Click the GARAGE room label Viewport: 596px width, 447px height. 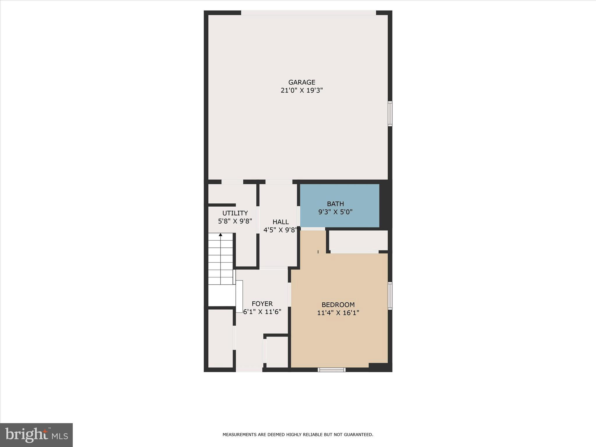(302, 82)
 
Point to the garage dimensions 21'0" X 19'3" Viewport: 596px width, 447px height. (302, 91)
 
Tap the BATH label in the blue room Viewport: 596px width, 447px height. (335, 204)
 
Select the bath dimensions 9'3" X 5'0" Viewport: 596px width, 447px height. (335, 212)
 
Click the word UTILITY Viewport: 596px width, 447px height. (235, 213)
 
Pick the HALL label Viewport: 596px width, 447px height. (281, 222)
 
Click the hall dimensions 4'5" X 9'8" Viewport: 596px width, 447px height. (280, 230)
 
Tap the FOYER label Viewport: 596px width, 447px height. (262, 304)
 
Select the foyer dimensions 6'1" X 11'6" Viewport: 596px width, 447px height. (262, 312)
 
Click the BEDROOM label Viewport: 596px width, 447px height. (338, 305)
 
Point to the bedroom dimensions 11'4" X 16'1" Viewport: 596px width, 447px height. (338, 313)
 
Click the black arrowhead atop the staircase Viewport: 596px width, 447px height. (221, 235)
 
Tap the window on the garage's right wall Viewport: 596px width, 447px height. (390, 113)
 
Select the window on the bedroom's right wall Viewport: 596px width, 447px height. (390, 295)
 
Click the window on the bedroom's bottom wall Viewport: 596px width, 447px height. (331, 370)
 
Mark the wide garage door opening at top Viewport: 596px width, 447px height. (308, 13)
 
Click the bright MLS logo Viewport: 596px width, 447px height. (36, 435)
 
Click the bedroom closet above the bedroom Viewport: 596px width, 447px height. (358, 240)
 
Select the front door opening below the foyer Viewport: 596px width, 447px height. (249, 370)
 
